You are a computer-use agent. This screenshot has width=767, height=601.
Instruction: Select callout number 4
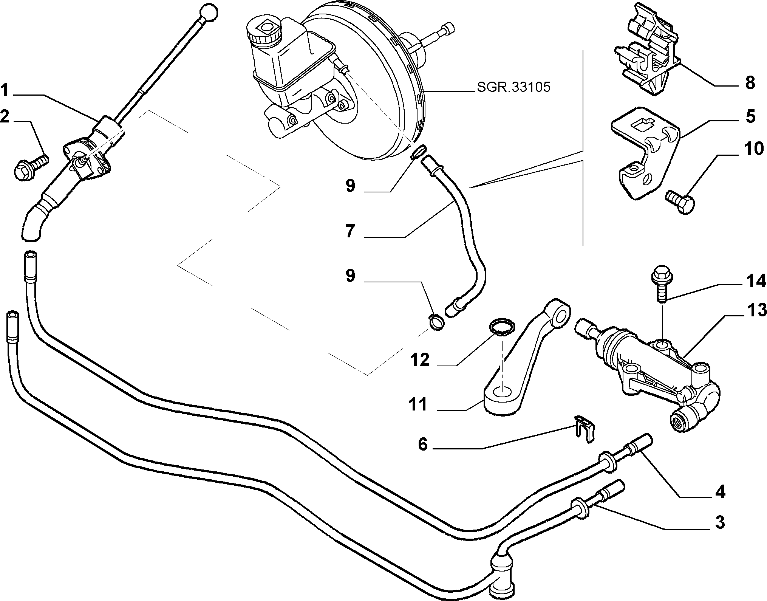[x=720, y=492]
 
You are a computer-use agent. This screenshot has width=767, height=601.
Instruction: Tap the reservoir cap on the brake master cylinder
[x=264, y=30]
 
